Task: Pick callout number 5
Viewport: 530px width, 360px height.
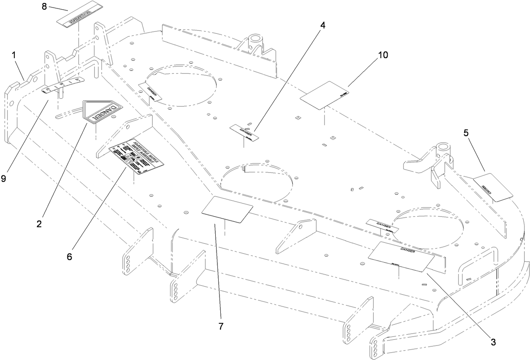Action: click(466, 133)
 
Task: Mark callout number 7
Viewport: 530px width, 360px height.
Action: click(221, 326)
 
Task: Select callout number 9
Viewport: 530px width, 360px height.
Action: click(4, 178)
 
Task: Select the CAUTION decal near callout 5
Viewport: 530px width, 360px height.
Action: click(493, 188)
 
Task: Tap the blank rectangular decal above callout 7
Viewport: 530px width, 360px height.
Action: click(227, 209)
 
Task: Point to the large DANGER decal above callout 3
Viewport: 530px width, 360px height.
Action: click(401, 256)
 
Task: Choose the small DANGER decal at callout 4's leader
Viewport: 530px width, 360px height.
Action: click(246, 132)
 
